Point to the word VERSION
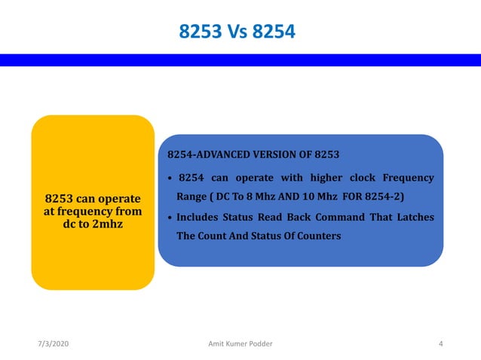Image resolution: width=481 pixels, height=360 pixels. [x=287, y=155]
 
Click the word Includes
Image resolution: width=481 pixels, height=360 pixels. [x=201, y=217]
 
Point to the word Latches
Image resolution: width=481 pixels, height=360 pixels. [x=413, y=217]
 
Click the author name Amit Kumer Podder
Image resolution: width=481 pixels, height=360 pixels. [x=240, y=344]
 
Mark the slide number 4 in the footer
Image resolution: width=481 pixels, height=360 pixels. [x=441, y=344]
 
